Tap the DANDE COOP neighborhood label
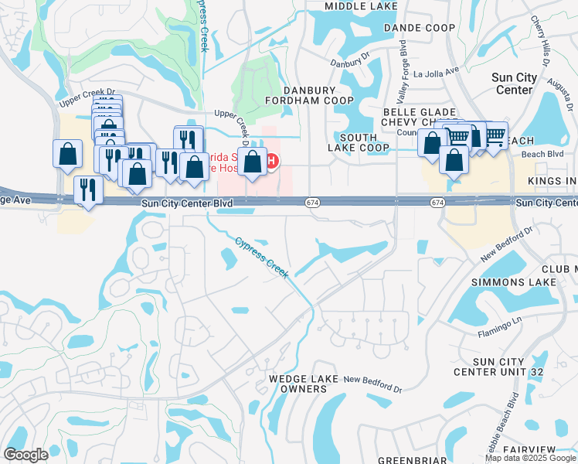[418, 27]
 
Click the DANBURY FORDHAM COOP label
[309, 95]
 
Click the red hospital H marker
[272, 160]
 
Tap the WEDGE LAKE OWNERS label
[298, 384]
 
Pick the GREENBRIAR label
[412, 460]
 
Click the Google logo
[25, 455]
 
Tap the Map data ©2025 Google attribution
[531, 458]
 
